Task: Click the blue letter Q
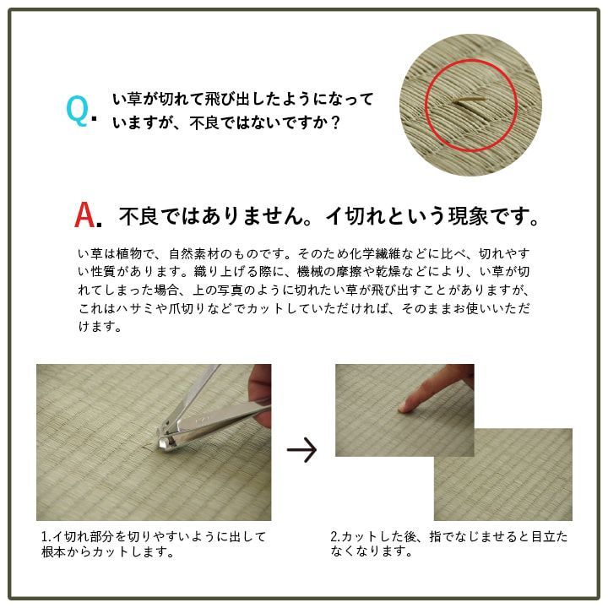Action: coord(77,111)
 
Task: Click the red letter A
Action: coord(85,214)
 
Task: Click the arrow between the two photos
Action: coord(302,450)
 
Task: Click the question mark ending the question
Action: coord(336,123)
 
